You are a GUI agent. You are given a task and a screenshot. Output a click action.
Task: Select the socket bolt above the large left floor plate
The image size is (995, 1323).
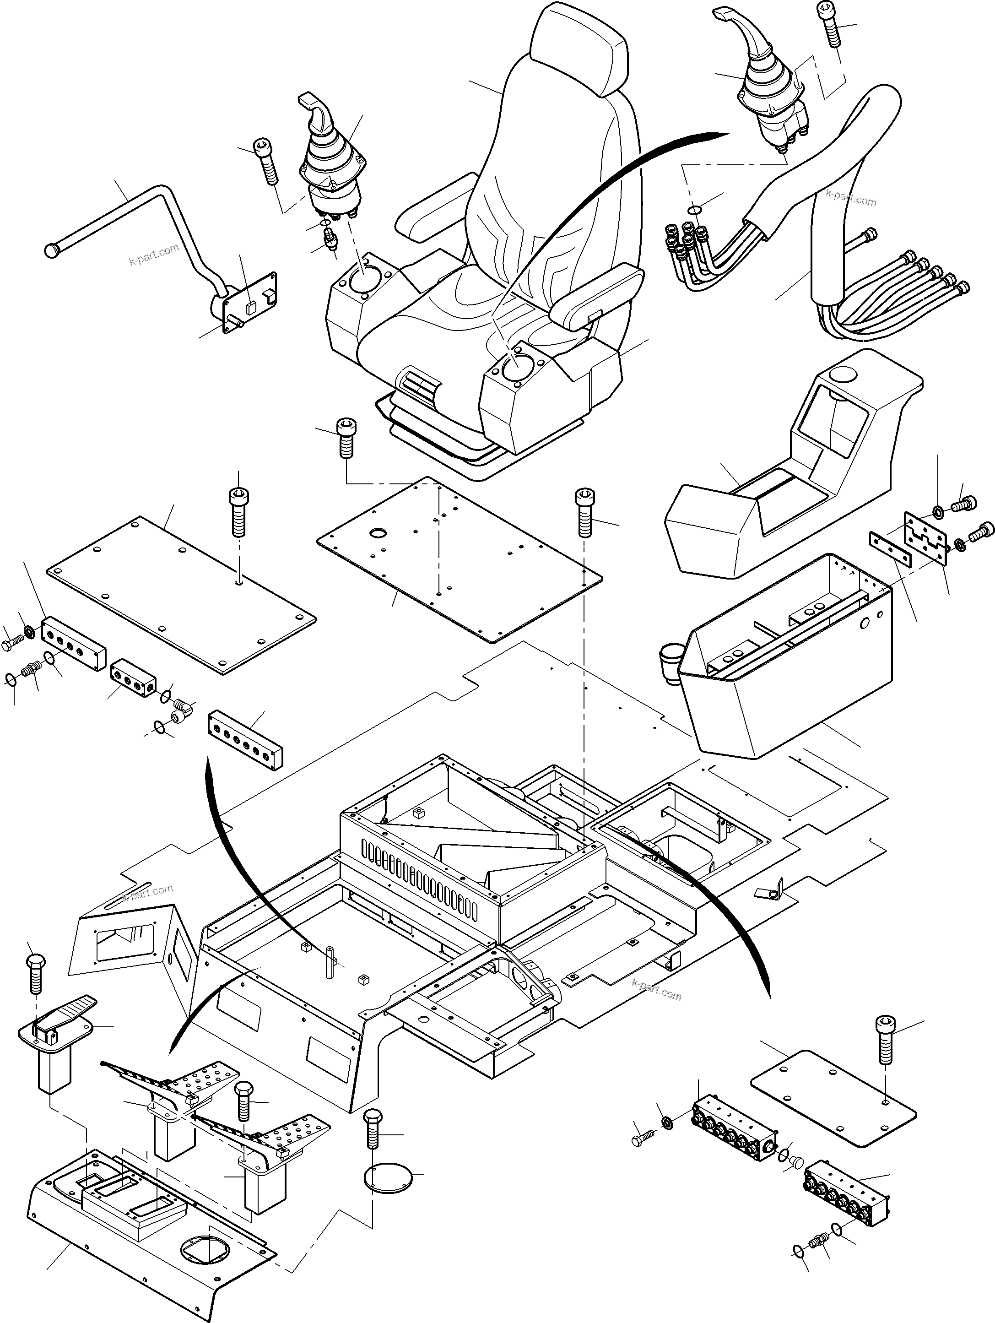click(x=238, y=511)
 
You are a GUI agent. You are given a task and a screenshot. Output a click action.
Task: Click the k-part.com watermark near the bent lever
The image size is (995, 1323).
click(x=154, y=255)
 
